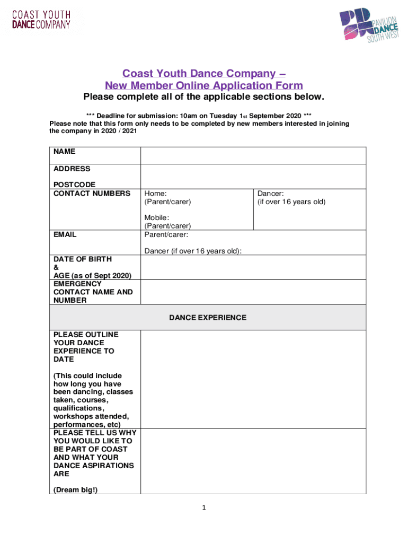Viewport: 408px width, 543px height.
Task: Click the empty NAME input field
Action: click(x=253, y=155)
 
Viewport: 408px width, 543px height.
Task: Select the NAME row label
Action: click(x=65, y=152)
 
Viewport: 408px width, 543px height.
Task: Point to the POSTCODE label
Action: click(x=75, y=185)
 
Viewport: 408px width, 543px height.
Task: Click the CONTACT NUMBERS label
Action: click(x=92, y=193)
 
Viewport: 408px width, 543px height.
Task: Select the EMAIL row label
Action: click(x=65, y=234)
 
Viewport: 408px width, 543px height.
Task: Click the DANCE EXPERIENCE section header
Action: click(x=208, y=318)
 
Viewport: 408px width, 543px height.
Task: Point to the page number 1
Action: click(x=204, y=508)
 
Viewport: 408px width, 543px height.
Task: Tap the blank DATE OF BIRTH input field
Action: click(x=253, y=267)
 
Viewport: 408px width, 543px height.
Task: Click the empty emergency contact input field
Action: click(x=253, y=292)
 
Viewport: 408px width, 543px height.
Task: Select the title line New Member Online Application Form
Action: click(x=204, y=86)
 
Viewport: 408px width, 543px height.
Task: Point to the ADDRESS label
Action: click(x=72, y=169)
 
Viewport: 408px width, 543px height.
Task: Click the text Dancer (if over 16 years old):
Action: click(x=193, y=251)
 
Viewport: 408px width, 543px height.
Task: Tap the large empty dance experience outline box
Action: click(x=253, y=379)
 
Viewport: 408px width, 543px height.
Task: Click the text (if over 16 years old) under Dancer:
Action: click(x=291, y=202)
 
